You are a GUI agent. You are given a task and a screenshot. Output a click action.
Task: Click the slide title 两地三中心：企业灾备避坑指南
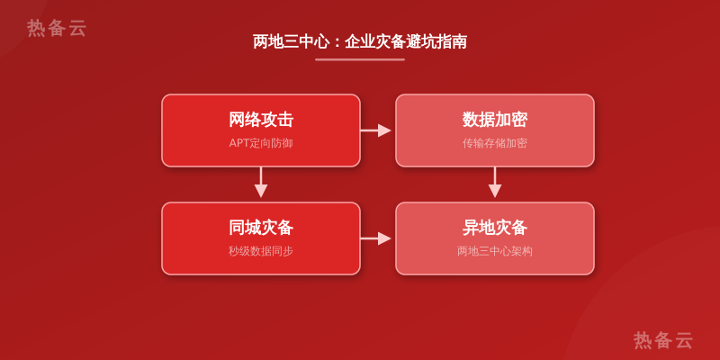click(360, 41)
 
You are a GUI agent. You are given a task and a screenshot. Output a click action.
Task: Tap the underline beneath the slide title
click(360, 59)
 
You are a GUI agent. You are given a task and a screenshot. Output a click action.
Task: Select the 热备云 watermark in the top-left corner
click(57, 28)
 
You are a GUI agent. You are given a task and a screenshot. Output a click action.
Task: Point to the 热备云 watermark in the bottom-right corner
click(663, 340)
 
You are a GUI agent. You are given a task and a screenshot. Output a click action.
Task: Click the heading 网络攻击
click(261, 120)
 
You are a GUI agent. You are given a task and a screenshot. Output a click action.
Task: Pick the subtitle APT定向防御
click(261, 143)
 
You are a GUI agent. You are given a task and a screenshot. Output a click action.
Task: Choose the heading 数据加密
click(494, 120)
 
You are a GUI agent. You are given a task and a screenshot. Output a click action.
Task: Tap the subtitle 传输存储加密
click(494, 143)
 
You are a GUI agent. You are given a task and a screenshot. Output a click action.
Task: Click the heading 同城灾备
click(261, 228)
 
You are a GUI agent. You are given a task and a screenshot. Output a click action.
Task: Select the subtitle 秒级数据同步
click(261, 251)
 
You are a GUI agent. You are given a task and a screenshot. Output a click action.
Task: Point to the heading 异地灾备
click(494, 228)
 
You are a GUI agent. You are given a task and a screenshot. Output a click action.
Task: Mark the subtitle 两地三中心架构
click(494, 251)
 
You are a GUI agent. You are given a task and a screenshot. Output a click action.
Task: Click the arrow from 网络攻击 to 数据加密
click(375, 130)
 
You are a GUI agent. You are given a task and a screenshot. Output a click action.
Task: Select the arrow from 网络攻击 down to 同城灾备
click(261, 183)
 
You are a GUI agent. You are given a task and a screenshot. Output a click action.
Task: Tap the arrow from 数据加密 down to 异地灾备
click(494, 183)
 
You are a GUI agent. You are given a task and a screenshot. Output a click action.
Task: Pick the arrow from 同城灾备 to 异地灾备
click(375, 238)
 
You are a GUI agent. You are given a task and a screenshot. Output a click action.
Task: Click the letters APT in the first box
click(238, 143)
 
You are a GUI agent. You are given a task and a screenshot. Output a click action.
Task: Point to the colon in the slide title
click(337, 42)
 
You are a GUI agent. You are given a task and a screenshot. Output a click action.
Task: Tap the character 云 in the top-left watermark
click(77, 28)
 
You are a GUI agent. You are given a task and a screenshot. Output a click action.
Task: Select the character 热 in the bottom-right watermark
click(643, 340)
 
